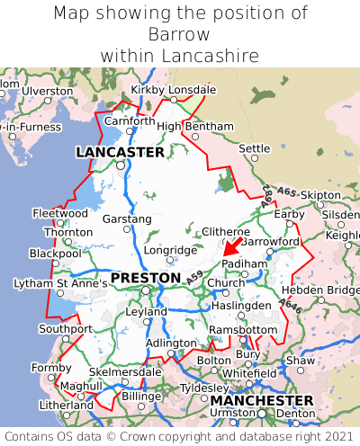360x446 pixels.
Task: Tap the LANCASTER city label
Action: (x=120, y=152)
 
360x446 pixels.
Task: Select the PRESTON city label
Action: (x=145, y=278)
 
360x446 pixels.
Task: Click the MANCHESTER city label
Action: (x=261, y=400)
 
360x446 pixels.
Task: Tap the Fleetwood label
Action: (x=59, y=214)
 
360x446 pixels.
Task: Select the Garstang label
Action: (x=127, y=219)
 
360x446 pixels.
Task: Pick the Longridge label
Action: (x=169, y=250)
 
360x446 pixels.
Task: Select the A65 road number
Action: (x=286, y=192)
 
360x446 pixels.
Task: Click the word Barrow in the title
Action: (x=180, y=34)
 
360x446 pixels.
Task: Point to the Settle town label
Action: (x=254, y=148)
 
